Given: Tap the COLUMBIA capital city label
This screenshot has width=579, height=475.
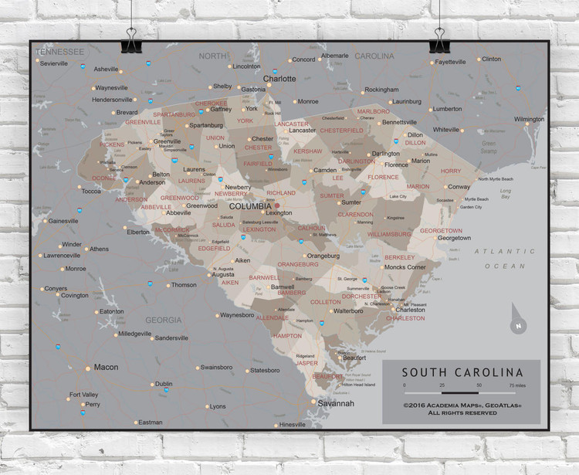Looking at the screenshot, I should click(x=250, y=206).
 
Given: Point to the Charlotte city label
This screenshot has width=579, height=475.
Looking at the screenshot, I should click(x=279, y=79).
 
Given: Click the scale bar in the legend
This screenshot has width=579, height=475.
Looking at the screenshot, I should click(x=460, y=392).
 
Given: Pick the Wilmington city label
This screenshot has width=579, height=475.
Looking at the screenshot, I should click(x=529, y=120).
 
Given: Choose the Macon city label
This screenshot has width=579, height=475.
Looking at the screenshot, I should click(x=106, y=368).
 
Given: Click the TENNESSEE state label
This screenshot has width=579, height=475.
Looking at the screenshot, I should click(x=59, y=52).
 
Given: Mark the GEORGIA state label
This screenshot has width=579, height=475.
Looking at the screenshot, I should click(x=163, y=320).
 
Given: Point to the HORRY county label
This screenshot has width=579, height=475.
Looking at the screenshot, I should click(x=450, y=171).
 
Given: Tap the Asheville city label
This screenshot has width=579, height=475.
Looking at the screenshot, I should click(x=106, y=70).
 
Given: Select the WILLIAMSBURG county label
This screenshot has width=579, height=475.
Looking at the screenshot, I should click(x=389, y=233).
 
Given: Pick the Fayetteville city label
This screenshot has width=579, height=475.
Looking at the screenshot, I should click(x=450, y=62).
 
